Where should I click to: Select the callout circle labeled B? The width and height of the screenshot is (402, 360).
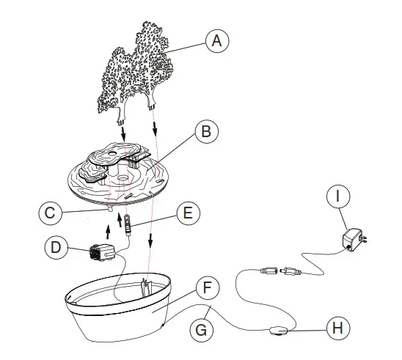pos(207,132)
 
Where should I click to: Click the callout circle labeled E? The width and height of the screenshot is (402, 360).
pos(187,214)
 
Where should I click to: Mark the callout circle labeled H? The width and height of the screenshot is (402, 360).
pos(336,328)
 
